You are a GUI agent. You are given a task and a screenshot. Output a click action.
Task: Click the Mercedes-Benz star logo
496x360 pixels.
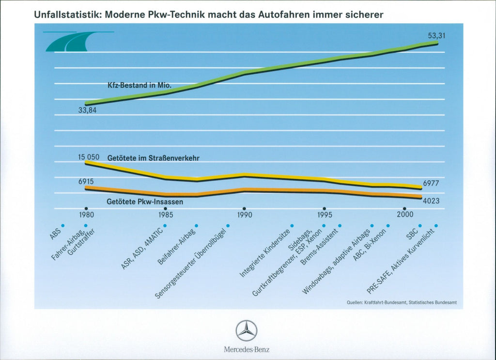[247, 331]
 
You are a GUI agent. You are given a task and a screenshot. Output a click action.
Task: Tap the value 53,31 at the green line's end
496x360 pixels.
[436, 35]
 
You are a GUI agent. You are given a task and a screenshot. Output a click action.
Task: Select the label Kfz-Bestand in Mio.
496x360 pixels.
[139, 85]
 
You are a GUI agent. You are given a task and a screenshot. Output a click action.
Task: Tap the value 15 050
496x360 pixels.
[89, 157]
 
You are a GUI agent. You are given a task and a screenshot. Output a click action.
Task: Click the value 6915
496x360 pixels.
[86, 181]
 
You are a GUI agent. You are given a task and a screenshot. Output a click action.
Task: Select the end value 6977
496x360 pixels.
[432, 184]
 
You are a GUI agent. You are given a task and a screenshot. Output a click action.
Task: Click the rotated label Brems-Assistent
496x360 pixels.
[321, 246]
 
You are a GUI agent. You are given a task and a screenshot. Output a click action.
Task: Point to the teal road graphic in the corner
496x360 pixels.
[68, 42]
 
